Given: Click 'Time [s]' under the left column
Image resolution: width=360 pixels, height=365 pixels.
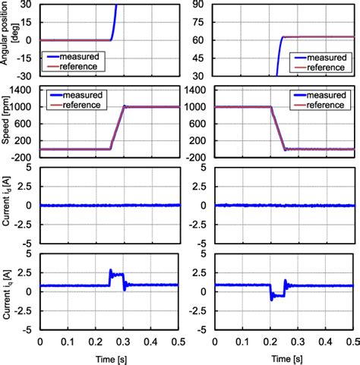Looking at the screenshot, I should coord(111,357).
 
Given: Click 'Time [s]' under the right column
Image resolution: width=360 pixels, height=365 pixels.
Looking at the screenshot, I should coord(285,357).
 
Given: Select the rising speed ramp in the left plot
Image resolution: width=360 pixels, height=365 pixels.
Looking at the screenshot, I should coord(118,127).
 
